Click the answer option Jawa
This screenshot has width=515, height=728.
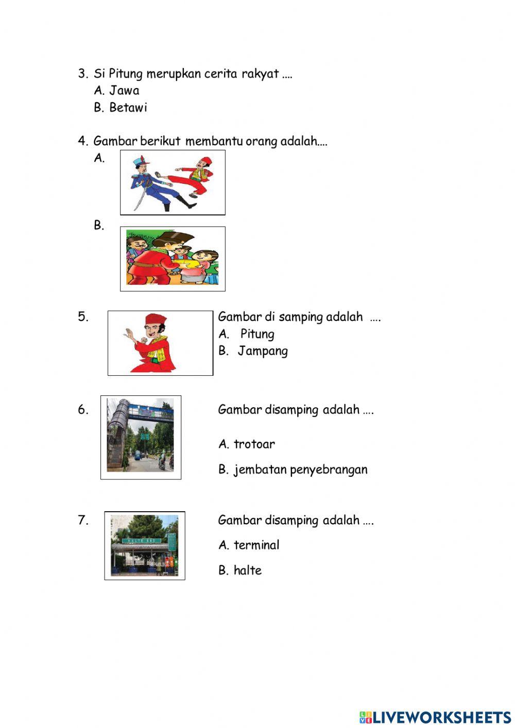(x=124, y=91)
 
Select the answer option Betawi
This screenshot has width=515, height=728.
(x=128, y=108)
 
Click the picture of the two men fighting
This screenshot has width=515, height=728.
(x=173, y=182)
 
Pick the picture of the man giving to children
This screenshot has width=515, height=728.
(x=173, y=259)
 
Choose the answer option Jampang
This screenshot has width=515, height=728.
(x=263, y=351)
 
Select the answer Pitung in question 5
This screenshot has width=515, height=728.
(x=257, y=334)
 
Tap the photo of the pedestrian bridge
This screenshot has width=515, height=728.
(x=141, y=437)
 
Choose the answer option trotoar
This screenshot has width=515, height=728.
(x=254, y=444)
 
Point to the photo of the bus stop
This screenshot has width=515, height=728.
(x=145, y=545)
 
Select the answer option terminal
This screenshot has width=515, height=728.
(x=256, y=545)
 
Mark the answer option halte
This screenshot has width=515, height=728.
(x=247, y=570)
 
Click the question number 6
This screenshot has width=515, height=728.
(x=83, y=410)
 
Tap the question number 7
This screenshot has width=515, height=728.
(x=83, y=520)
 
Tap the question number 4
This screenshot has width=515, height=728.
(x=83, y=141)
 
